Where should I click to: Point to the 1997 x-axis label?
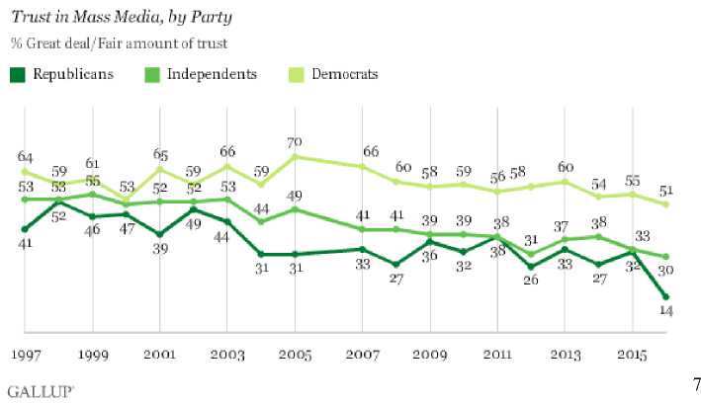click(26, 353)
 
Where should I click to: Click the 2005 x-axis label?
click(296, 353)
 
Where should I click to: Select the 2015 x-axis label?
click(632, 353)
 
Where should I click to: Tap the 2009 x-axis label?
click(430, 353)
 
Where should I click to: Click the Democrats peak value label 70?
click(295, 142)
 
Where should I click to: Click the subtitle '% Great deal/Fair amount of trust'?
click(119, 42)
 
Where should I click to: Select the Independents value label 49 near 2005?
click(295, 195)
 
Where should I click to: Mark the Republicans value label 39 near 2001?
click(160, 249)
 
